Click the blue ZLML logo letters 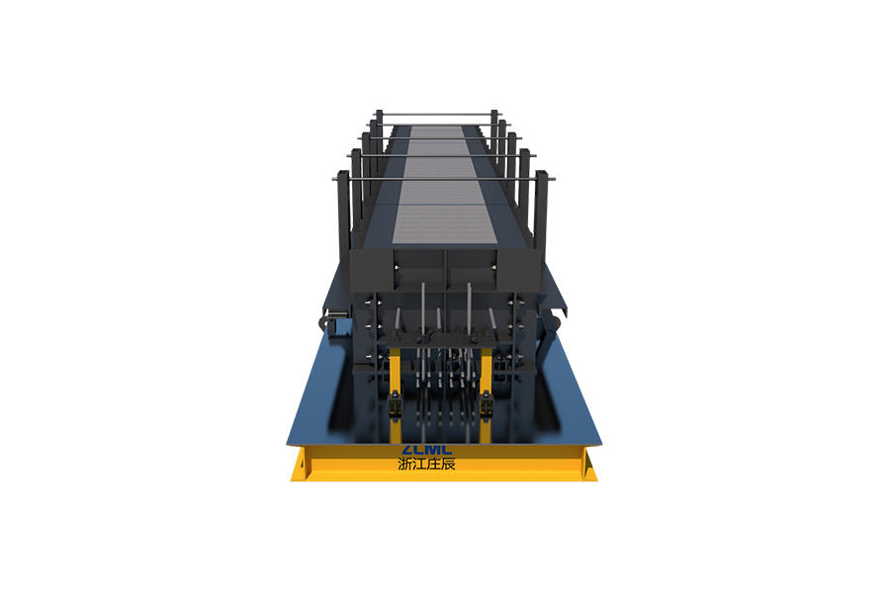[x=427, y=450]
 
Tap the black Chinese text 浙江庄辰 [x=427, y=465]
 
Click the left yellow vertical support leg [x=395, y=391]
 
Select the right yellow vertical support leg [x=486, y=391]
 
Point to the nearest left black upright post [x=343, y=215]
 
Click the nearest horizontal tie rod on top [x=443, y=179]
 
